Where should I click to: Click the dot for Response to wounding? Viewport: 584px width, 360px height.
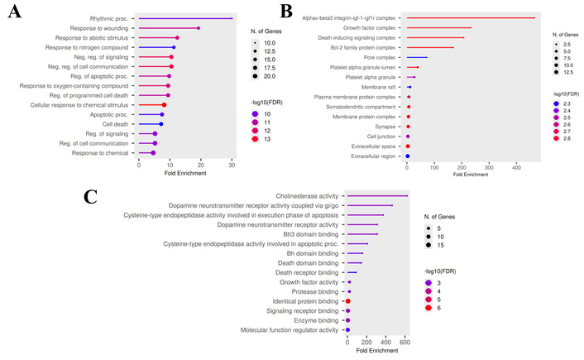coord(198,28)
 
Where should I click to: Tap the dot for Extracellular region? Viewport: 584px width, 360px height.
coord(407,156)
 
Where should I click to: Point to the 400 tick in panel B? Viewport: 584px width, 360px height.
coord(516,168)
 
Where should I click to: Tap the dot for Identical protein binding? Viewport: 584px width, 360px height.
coord(348,301)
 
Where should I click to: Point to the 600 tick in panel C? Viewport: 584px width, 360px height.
coord(404,341)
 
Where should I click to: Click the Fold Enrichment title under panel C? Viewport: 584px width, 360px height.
coord(376,350)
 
